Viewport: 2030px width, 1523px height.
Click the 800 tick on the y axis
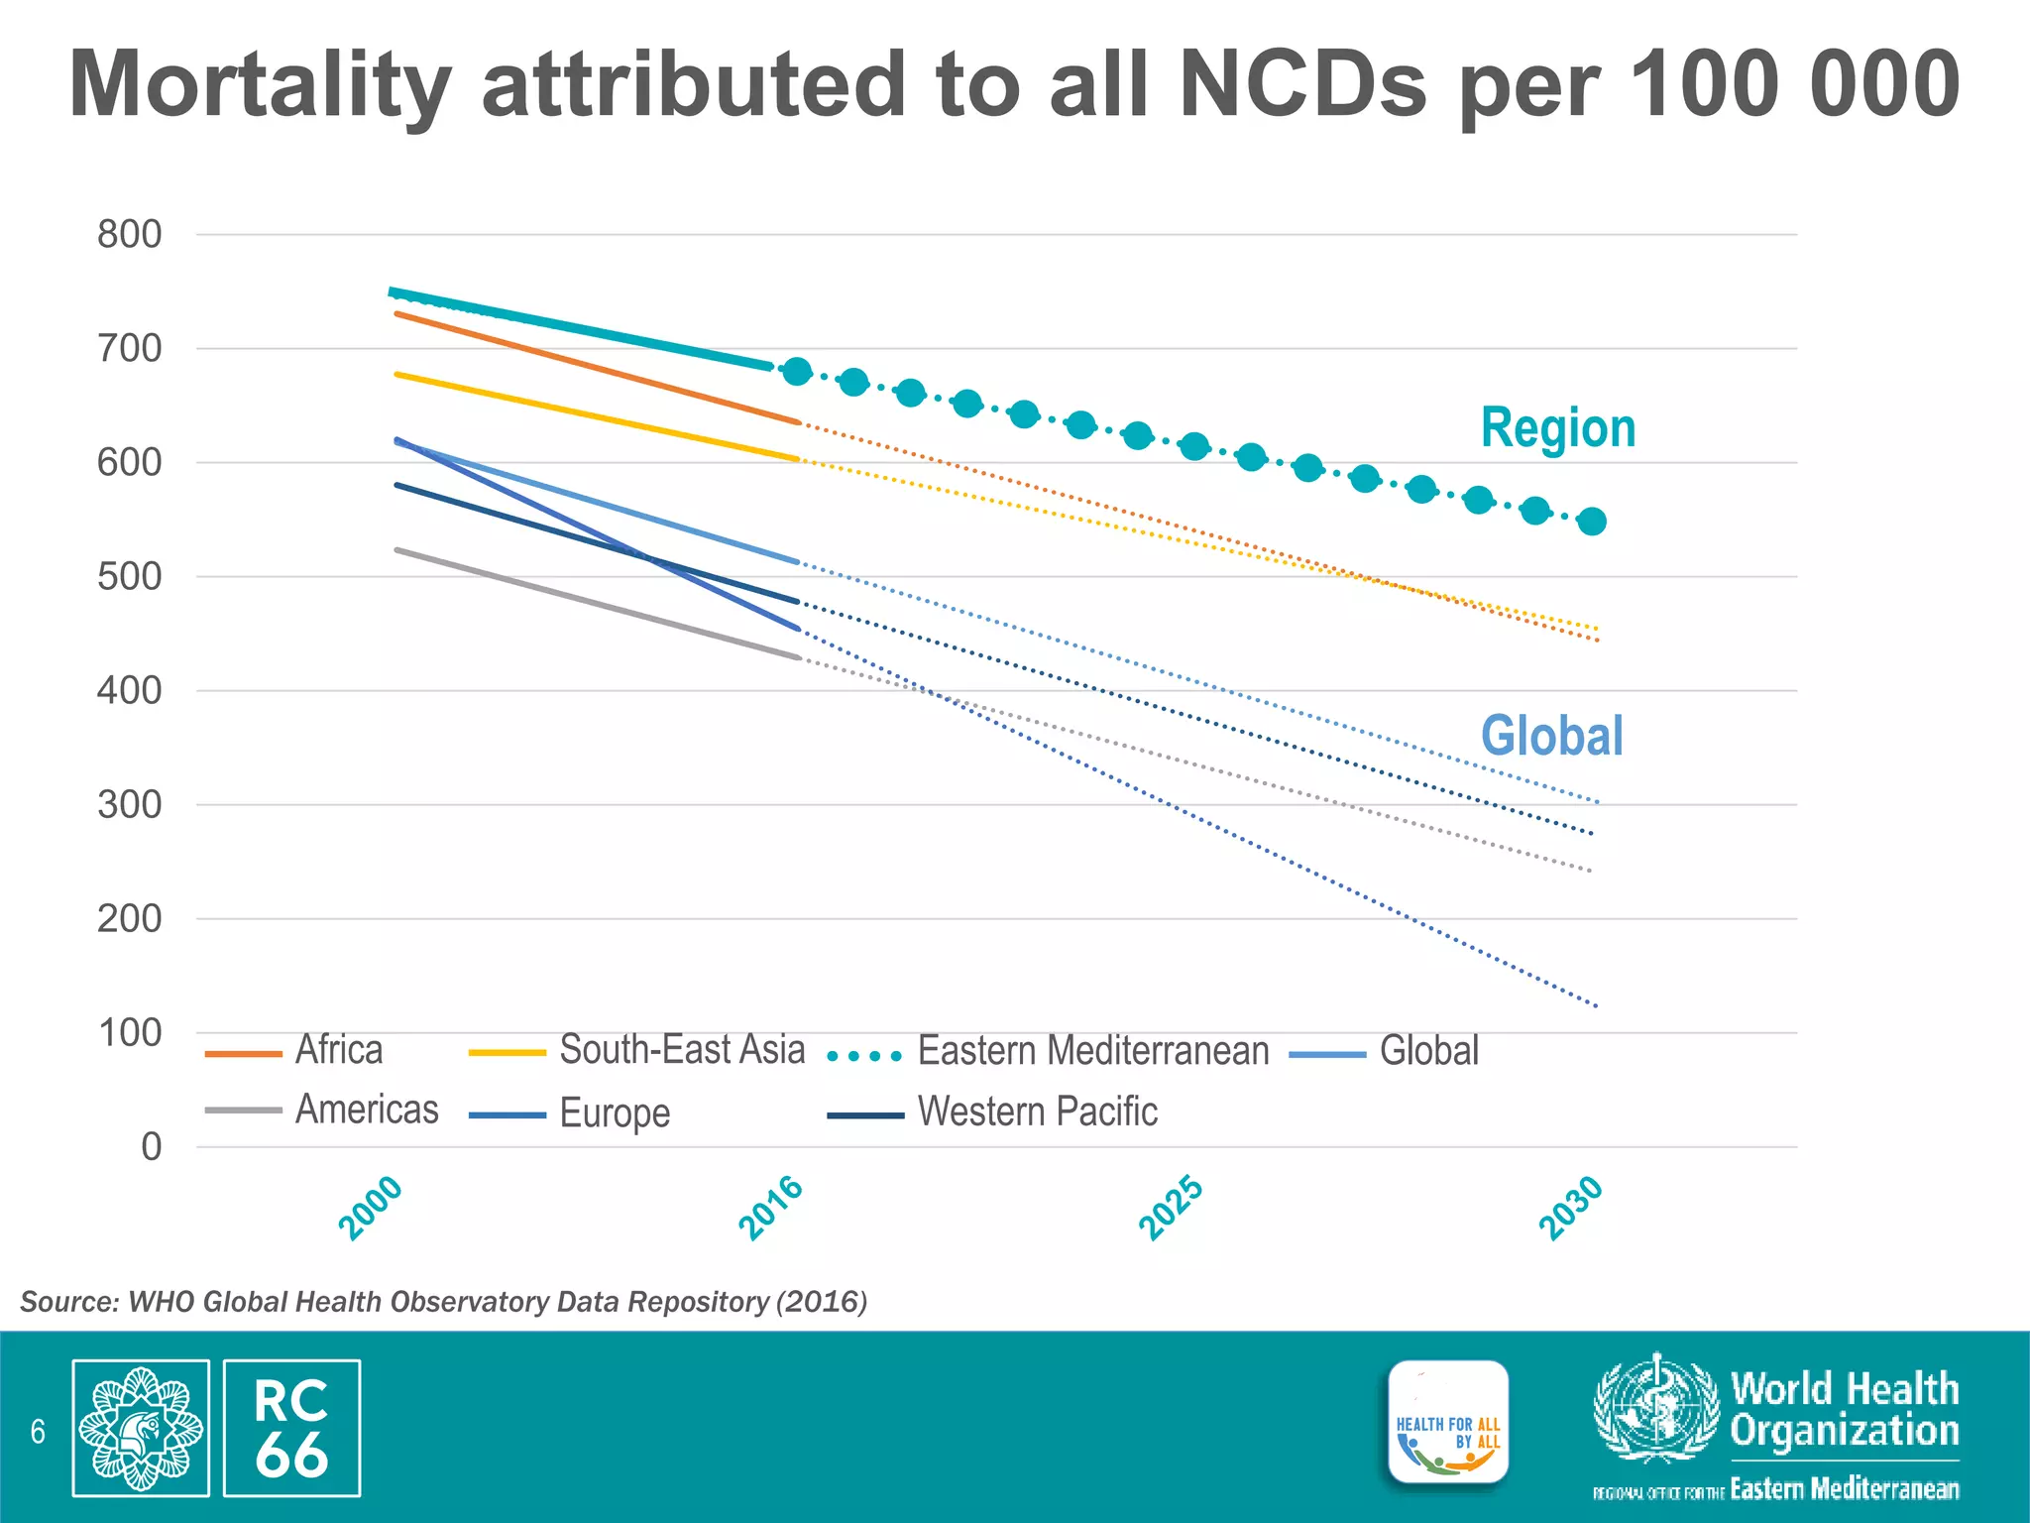pos(129,235)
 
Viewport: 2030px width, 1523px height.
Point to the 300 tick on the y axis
pos(129,805)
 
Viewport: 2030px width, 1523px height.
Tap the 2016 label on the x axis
pos(770,1207)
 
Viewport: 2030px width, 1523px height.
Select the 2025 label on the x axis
pos(1171,1208)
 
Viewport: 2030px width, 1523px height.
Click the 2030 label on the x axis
pos(1571,1207)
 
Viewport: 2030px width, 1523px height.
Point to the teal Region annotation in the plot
pos(1557,428)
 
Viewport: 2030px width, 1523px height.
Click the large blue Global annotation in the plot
pos(1551,737)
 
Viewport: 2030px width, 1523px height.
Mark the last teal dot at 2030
pos(1592,522)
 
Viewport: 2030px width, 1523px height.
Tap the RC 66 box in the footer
pos(291,1428)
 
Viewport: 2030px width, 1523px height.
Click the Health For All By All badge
pos(1448,1423)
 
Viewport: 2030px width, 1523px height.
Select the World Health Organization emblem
pos(1655,1408)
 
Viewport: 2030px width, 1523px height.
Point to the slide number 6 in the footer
pos(38,1432)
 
